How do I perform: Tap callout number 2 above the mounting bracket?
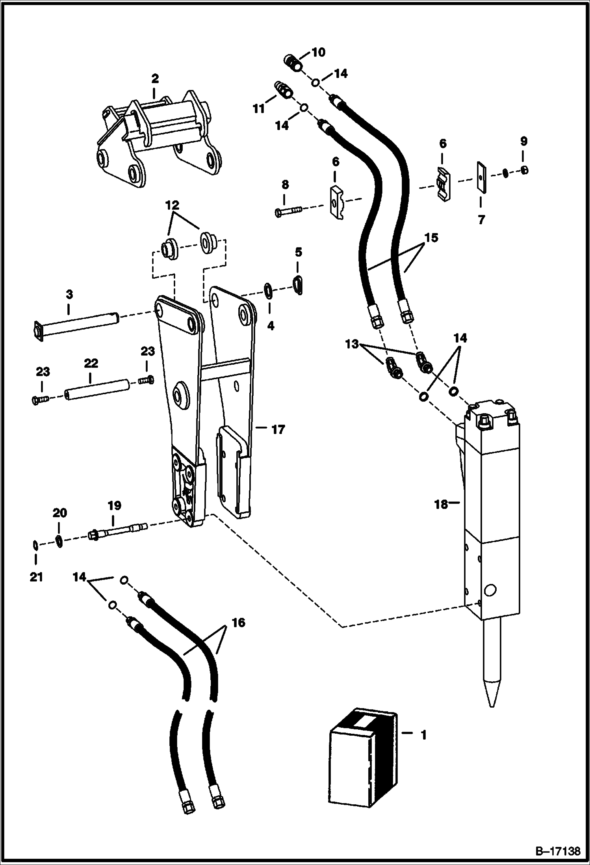tap(155, 79)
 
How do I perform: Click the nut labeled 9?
tap(523, 170)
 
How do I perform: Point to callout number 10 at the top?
tap(319, 52)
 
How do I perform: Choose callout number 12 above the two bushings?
tap(172, 205)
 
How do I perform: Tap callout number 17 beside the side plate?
tap(278, 429)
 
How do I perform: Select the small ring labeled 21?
tap(35, 545)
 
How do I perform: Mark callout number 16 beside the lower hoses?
tap(238, 622)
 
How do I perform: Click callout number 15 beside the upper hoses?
tap(431, 238)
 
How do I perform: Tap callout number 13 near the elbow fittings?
tap(351, 344)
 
